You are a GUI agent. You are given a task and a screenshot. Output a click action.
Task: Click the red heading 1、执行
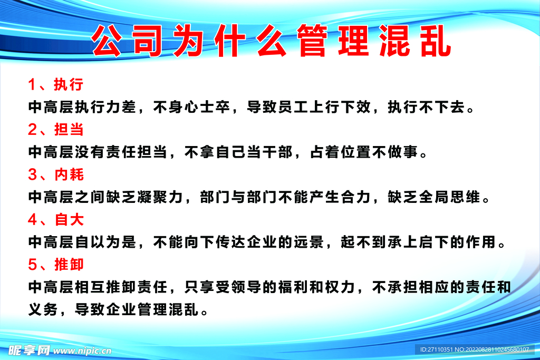(56, 85)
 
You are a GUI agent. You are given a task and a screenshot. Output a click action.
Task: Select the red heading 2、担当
(56, 130)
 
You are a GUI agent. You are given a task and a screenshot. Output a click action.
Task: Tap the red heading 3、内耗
(56, 174)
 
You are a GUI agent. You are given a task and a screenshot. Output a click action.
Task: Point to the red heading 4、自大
(56, 220)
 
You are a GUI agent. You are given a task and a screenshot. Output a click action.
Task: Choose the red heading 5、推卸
(56, 265)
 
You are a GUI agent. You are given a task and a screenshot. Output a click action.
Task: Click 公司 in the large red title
(127, 41)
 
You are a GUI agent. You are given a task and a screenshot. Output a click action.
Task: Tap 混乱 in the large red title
(416, 41)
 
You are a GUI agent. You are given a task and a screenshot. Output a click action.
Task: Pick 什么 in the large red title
(250, 41)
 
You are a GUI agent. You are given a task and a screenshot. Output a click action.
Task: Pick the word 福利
(293, 287)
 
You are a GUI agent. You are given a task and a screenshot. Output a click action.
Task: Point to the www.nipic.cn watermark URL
(82, 351)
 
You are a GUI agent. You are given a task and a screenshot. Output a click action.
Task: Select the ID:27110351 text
(436, 349)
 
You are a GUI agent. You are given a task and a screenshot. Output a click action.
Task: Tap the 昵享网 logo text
(29, 351)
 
